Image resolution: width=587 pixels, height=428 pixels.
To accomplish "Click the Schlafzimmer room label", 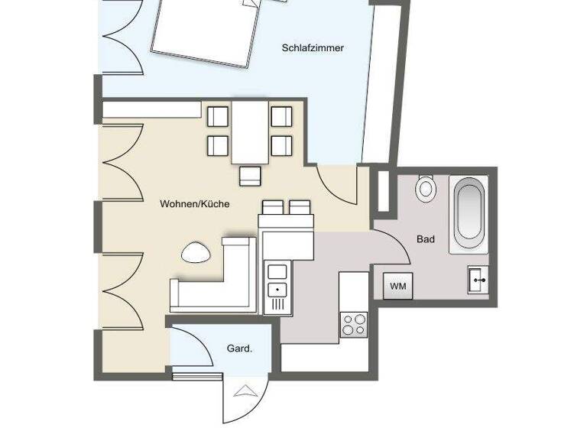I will (312, 48).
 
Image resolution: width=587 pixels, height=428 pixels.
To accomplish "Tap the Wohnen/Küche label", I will (195, 204).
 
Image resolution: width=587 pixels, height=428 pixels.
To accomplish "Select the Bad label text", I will (426, 239).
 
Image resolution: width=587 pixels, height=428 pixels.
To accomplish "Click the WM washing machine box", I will (397, 286).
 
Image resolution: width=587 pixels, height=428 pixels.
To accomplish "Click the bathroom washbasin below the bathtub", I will (478, 280).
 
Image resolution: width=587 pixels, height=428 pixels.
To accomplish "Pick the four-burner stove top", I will (353, 325).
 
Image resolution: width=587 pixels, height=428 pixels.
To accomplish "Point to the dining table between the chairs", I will (250, 131).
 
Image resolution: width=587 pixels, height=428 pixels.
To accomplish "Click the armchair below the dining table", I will (250, 176).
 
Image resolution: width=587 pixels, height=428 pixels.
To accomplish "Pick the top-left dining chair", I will (219, 117).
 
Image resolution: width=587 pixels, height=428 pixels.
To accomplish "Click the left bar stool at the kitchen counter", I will (273, 207).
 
